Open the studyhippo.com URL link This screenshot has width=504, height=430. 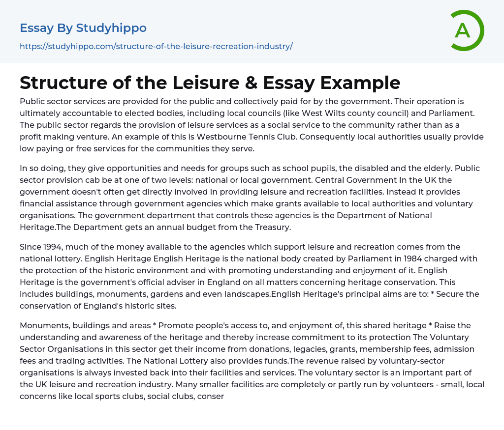click(x=156, y=47)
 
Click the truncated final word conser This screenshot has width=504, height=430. click(x=210, y=396)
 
